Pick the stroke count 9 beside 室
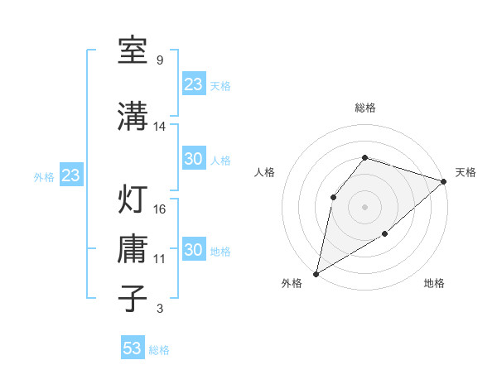[x=159, y=60]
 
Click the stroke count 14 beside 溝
[x=160, y=127]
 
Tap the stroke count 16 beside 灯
[x=160, y=209]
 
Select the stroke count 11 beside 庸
[x=160, y=259]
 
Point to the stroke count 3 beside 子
[x=159, y=309]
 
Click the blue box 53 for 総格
[x=133, y=348]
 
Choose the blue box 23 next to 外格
[x=70, y=175]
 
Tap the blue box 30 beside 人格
[x=194, y=159]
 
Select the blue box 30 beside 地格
[x=194, y=250]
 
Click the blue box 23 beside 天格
[x=194, y=84]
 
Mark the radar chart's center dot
[x=364, y=206]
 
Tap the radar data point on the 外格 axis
[x=316, y=273]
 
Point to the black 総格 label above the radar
[x=364, y=108]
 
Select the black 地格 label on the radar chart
[x=434, y=284]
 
